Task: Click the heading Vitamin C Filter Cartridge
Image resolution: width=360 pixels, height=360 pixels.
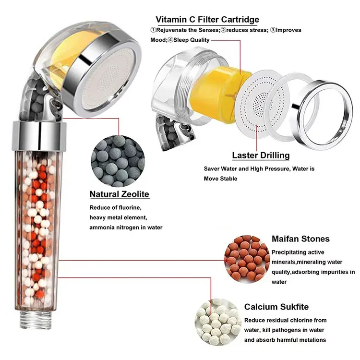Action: (207, 20)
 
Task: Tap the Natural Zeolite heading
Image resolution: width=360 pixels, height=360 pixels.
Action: (120, 194)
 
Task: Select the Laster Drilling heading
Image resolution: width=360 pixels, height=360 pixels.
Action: (261, 155)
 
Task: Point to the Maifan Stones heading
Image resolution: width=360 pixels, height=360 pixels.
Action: (300, 239)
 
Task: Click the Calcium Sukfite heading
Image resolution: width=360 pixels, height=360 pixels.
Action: (276, 307)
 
